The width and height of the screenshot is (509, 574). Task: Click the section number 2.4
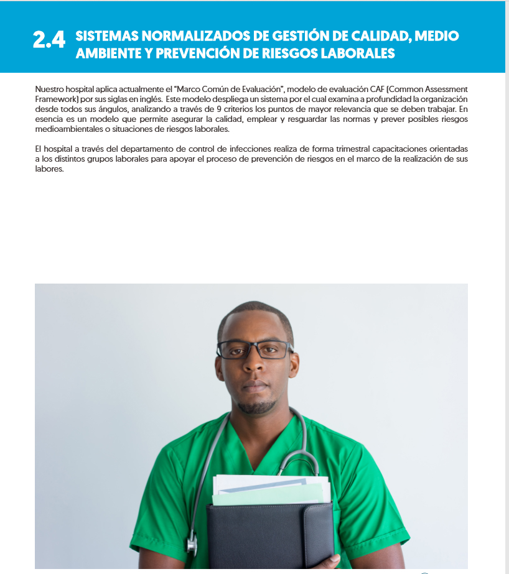[49, 41]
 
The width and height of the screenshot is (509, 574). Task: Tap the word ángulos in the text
[109, 109]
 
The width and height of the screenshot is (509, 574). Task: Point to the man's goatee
[256, 407]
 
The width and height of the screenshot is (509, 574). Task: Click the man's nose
[254, 367]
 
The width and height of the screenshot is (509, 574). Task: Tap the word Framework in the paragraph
[57, 100]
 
